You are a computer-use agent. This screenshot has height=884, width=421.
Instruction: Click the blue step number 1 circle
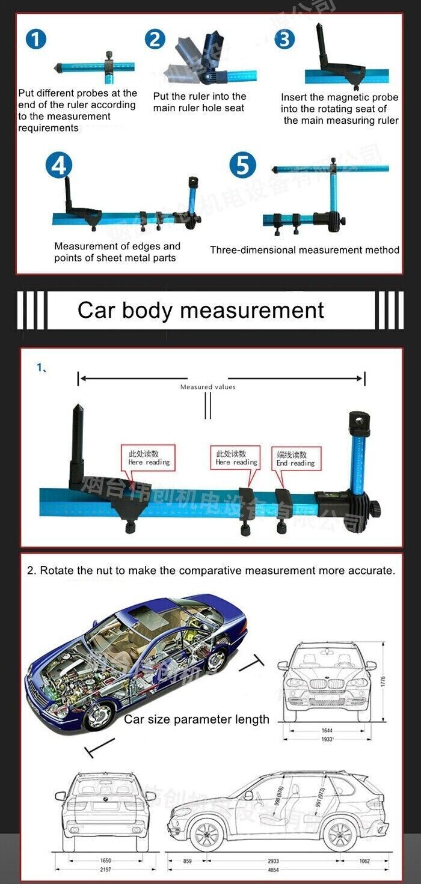[37, 39]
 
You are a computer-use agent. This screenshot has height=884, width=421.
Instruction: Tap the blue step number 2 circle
[155, 39]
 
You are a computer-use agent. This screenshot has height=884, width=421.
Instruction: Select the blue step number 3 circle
[284, 39]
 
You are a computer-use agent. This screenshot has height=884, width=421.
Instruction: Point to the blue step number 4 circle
[58, 165]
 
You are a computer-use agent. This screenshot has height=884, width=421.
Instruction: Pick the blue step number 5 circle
[244, 165]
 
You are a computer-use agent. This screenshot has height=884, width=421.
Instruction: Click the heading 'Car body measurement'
[200, 310]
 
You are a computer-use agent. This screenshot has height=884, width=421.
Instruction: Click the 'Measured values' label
[207, 387]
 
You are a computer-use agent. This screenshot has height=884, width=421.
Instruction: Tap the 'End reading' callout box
[295, 459]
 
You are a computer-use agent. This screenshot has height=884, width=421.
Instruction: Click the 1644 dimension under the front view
[327, 731]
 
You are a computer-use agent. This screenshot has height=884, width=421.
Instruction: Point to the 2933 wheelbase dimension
[273, 861]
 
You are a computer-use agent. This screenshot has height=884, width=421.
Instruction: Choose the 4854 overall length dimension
[273, 870]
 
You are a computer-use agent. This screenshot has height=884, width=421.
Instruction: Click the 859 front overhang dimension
[188, 861]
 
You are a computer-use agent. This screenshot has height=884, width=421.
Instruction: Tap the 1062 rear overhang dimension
[364, 861]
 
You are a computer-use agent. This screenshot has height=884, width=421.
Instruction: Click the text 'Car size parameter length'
[196, 719]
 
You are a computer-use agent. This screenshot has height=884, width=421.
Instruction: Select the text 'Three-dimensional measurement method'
[304, 250]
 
